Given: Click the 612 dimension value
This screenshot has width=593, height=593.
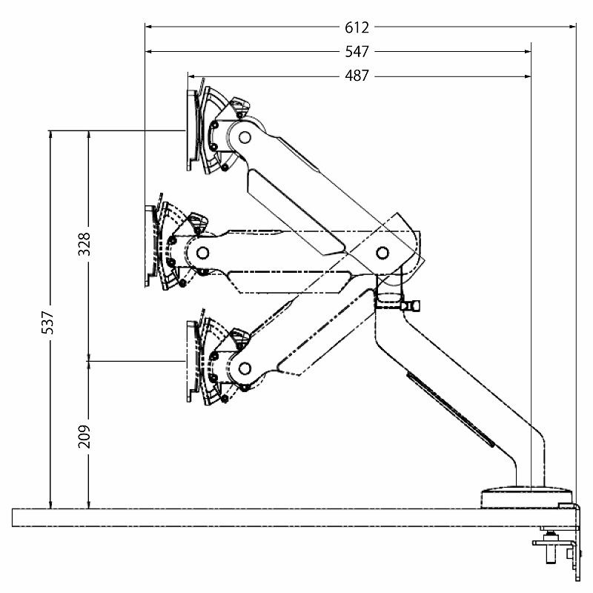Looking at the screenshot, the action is pyautogui.click(x=357, y=27).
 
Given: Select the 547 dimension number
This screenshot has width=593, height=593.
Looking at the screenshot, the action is pyautogui.click(x=357, y=52).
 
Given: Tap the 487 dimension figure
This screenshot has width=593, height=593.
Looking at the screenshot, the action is pyautogui.click(x=357, y=76).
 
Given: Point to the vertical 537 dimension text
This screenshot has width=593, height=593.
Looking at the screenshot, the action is pyautogui.click(x=48, y=322).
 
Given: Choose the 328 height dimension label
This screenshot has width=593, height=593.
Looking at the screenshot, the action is pyautogui.click(x=85, y=244).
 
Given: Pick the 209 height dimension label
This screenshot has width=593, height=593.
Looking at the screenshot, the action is pyautogui.click(x=85, y=437).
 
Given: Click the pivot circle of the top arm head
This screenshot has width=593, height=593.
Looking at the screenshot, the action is pyautogui.click(x=245, y=136).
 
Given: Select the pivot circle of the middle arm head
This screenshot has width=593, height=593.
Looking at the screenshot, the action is pyautogui.click(x=203, y=252).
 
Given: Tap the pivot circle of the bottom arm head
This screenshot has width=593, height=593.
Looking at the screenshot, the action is pyautogui.click(x=245, y=368).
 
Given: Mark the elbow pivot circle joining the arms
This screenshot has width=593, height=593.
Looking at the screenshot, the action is pyautogui.click(x=382, y=252).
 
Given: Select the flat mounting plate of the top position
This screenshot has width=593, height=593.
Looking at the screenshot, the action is pyautogui.click(x=193, y=130).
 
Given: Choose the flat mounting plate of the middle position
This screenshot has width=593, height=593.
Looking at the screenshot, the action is pyautogui.click(x=150, y=246).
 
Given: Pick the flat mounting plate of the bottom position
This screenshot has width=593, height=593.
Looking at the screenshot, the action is pyautogui.click(x=193, y=362).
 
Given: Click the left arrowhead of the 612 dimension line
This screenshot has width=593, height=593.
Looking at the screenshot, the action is pyautogui.click(x=149, y=27).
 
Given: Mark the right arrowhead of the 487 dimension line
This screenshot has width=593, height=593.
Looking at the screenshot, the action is pyautogui.click(x=527, y=77).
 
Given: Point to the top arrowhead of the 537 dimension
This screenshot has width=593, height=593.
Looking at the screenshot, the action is pyautogui.click(x=50, y=134).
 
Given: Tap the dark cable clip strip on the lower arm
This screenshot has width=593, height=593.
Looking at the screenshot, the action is pyautogui.click(x=450, y=409).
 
